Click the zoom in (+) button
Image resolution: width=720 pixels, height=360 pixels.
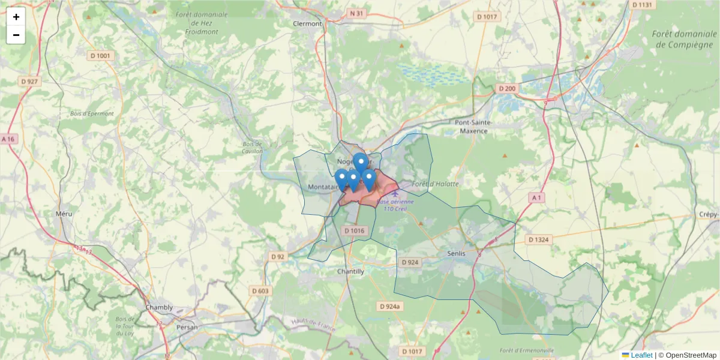[16, 17]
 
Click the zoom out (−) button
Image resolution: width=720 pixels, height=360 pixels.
[16, 35]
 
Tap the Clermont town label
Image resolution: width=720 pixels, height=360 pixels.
[307, 24]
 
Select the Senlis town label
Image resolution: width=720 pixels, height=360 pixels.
[461, 253]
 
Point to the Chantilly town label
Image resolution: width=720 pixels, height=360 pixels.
[350, 271]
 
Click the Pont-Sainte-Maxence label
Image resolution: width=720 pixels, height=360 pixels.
[473, 126]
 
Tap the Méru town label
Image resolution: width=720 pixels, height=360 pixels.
[63, 214]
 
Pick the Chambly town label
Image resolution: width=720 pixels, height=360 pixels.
[159, 307]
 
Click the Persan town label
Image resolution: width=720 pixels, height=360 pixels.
[187, 327]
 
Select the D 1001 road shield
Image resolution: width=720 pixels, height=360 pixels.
[101, 56]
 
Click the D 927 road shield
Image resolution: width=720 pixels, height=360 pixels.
[29, 81]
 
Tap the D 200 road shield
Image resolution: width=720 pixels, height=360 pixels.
[506, 89]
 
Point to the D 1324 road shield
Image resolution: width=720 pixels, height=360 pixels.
[539, 239]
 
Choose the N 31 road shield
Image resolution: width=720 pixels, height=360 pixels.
[356, 13]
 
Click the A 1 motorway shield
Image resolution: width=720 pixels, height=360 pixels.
[536, 197]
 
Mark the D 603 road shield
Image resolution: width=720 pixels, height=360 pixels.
[260, 291]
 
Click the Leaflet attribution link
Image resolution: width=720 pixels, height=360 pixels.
[641, 355]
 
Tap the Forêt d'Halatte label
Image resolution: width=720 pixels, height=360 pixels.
[436, 184]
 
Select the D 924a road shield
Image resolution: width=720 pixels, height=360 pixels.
[389, 306]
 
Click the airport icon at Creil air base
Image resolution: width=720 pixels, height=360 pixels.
[394, 193]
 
